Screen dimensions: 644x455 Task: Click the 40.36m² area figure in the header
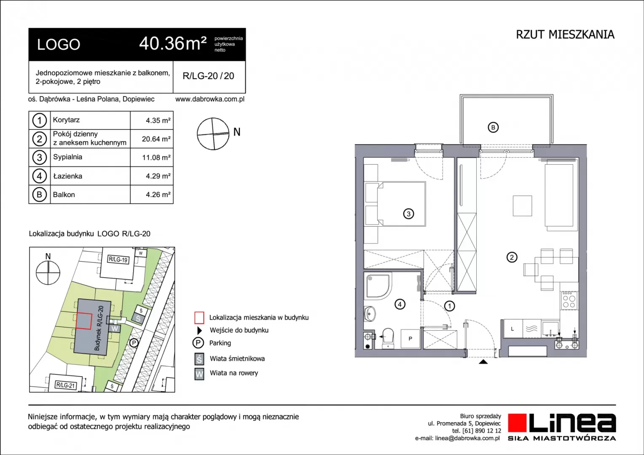click(x=173, y=44)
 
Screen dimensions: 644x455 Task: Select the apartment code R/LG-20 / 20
click(x=209, y=76)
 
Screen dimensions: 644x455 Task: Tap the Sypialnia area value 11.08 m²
click(x=156, y=158)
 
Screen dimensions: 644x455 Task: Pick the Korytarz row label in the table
click(x=66, y=120)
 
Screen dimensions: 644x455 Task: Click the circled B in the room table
click(x=39, y=195)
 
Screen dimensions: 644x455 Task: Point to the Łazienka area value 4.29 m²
click(x=158, y=176)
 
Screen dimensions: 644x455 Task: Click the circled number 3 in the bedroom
click(x=408, y=214)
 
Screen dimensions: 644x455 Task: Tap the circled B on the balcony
click(x=493, y=127)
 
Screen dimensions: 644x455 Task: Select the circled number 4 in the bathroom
click(x=400, y=304)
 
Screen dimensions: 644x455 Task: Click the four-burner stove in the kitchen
click(x=569, y=301)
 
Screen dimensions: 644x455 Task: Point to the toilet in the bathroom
click(x=388, y=339)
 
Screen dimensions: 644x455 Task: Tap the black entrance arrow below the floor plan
click(x=483, y=361)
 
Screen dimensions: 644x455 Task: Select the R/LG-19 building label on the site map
click(x=118, y=260)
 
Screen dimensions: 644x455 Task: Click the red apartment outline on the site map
click(x=84, y=321)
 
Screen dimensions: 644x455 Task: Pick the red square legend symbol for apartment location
click(x=199, y=318)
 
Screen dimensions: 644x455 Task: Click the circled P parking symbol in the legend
click(x=198, y=343)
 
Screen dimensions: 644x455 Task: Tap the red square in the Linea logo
click(x=517, y=423)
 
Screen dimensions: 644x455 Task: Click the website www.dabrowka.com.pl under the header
click(x=210, y=99)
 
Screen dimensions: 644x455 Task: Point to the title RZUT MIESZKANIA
click(x=565, y=35)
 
